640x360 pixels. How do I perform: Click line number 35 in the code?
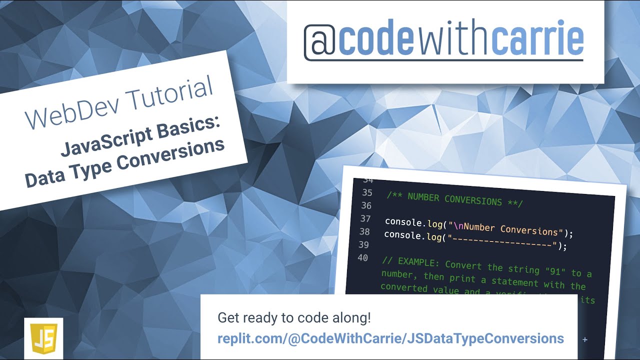pos(367,192)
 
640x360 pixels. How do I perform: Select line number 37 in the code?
pos(365,218)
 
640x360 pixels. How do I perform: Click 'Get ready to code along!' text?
pos(294,318)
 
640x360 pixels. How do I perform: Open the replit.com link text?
pos(390,338)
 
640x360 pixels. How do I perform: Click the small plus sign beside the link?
pos(585,340)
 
